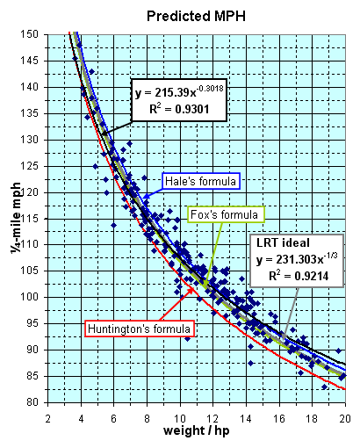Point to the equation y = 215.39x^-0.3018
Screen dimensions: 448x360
point(179,92)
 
